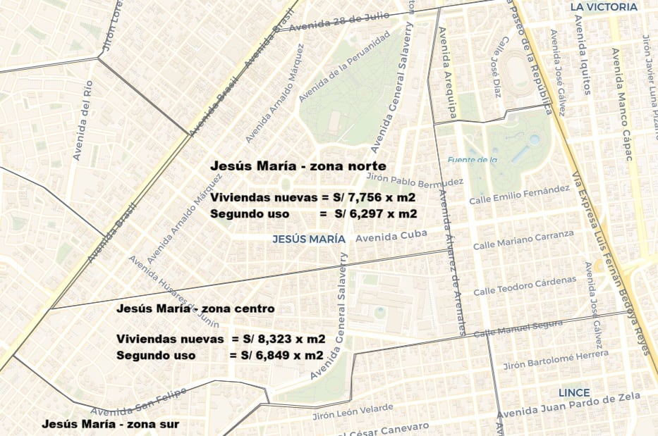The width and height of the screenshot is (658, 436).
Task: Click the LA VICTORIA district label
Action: click(x=604, y=8)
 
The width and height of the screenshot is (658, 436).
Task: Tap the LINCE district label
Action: click(x=574, y=392)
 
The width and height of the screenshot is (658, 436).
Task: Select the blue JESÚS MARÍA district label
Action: click(x=309, y=239)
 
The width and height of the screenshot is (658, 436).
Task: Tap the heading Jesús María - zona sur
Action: click(x=110, y=424)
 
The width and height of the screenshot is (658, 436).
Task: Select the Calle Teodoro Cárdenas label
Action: click(x=525, y=286)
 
